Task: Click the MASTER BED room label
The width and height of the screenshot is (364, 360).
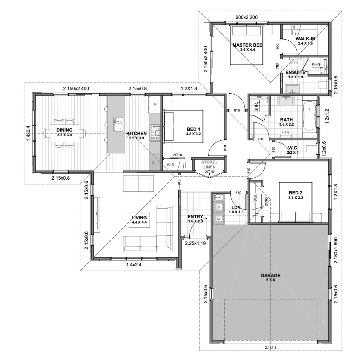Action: pyautogui.click(x=248, y=45)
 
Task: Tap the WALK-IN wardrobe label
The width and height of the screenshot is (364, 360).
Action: pyautogui.click(x=305, y=39)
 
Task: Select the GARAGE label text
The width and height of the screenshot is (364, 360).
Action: pyautogui.click(x=270, y=275)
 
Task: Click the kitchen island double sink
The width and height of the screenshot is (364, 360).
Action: pyautogui.click(x=119, y=125)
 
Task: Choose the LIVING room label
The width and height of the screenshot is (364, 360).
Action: pyautogui.click(x=139, y=218)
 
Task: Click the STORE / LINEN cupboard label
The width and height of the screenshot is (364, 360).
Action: pyautogui.click(x=209, y=165)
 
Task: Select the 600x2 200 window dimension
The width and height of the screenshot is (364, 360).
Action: pyautogui.click(x=247, y=17)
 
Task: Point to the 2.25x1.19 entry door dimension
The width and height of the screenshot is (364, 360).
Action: pyautogui.click(x=195, y=244)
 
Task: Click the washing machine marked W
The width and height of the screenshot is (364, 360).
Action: pyautogui.click(x=219, y=207)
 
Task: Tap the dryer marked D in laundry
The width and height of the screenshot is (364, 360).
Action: pyautogui.click(x=219, y=218)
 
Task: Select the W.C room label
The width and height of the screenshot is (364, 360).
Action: pyautogui.click(x=292, y=148)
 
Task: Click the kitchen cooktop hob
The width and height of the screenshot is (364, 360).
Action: pyautogui.click(x=155, y=133)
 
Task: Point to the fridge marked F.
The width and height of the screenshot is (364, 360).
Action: pyautogui.click(x=155, y=104)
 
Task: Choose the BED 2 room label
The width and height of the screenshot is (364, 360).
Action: pyautogui.click(x=296, y=193)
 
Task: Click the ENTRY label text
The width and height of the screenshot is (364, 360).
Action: pyautogui.click(x=195, y=217)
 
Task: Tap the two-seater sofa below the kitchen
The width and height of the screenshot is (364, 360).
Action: pyautogui.click(x=138, y=183)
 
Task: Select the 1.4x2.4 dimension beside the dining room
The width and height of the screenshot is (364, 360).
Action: pyautogui.click(x=28, y=133)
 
